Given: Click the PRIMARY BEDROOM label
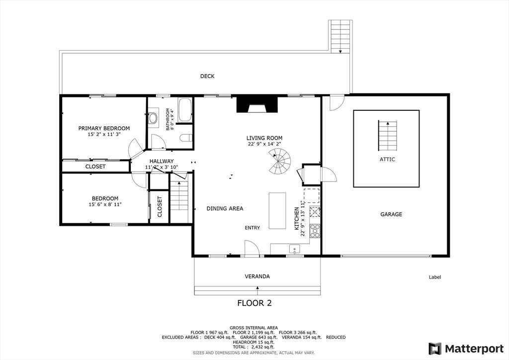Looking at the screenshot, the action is (104, 128).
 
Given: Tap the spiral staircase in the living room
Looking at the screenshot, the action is (280, 161).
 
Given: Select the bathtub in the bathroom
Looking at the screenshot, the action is (185, 110).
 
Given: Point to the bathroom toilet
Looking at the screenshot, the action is (186, 138).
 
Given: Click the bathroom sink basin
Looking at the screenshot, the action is (153, 118).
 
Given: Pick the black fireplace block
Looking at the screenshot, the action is (257, 104).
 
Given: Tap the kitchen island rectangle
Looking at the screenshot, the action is (277, 211).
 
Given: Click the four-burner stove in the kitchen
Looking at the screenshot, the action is (315, 231).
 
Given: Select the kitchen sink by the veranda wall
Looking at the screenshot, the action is (295, 249).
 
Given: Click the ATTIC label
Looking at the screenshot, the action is (387, 160).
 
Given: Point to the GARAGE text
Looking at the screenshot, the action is (391, 214).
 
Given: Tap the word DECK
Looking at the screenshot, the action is (207, 76).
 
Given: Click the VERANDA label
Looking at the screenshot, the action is (257, 276).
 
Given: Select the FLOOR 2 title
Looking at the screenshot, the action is (254, 303).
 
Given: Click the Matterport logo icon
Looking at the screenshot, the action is (435, 349).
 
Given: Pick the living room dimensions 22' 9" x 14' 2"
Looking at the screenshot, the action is (264, 144).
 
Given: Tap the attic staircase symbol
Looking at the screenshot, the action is (388, 135).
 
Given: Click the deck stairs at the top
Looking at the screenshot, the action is (340, 36).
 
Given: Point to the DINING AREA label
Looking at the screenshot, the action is (225, 209).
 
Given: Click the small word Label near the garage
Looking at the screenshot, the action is (435, 277).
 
